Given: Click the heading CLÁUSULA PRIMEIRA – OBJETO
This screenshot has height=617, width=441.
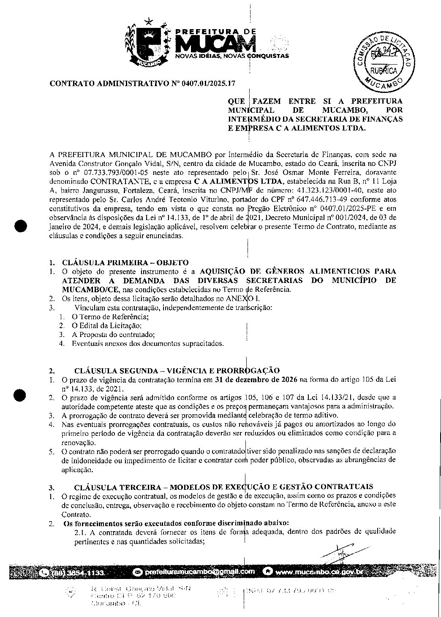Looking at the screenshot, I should tap(125, 263).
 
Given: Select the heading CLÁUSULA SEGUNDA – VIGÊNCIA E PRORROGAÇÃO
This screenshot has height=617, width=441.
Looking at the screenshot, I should tap(177, 371).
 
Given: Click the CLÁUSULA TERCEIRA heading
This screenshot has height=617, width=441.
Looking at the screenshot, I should tap(223, 486).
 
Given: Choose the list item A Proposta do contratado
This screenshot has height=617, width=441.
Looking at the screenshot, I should tap(114, 334).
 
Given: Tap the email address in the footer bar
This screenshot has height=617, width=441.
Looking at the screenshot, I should tap(199, 572).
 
